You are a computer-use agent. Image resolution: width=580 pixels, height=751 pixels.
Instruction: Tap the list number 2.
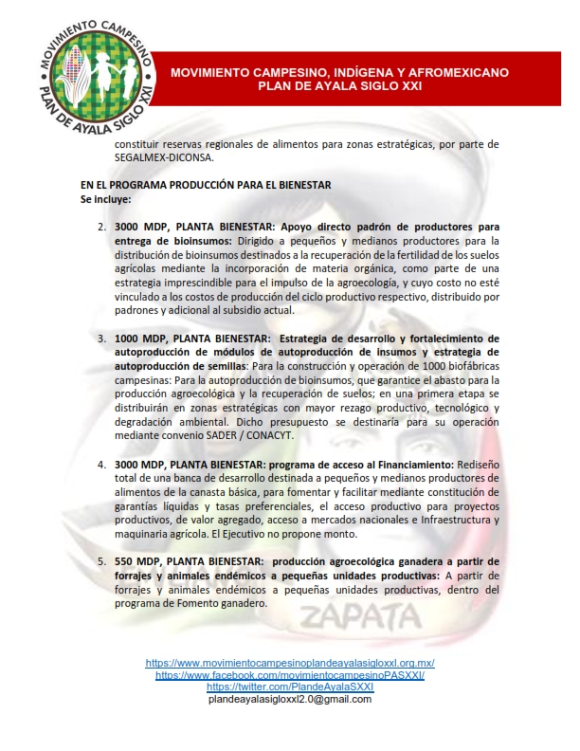click(102, 228)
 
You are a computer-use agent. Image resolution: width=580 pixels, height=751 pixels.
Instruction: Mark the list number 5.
click(102, 561)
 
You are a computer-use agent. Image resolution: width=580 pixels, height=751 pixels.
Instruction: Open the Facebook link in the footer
click(290, 675)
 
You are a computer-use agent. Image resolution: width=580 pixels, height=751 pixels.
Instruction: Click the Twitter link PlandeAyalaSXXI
click(290, 687)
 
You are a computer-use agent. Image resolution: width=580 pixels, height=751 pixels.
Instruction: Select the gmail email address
click(290, 699)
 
